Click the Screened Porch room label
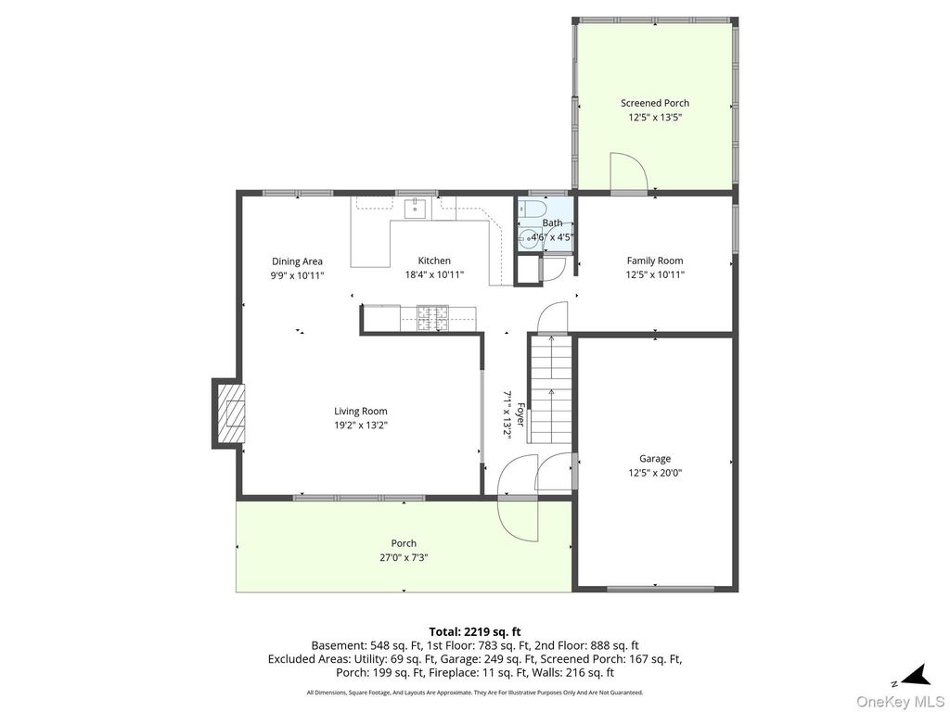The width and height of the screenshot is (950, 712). pyautogui.click(x=655, y=103)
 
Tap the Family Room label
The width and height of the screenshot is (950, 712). pyautogui.click(x=655, y=261)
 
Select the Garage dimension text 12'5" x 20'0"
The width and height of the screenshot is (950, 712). pyautogui.click(x=655, y=473)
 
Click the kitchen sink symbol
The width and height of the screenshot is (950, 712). pyautogui.click(x=417, y=209)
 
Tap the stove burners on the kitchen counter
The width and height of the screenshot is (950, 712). pyautogui.click(x=432, y=319)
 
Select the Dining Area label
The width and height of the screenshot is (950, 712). pyautogui.click(x=297, y=261)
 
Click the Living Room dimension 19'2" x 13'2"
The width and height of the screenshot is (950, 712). pyautogui.click(x=361, y=425)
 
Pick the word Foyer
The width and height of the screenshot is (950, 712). pyautogui.click(x=520, y=415)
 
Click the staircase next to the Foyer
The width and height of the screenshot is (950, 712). pyautogui.click(x=551, y=388)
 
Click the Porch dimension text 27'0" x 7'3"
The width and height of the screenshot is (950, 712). pyautogui.click(x=404, y=557)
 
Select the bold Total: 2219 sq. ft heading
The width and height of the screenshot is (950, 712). pyautogui.click(x=475, y=632)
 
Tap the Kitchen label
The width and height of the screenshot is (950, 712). pyautogui.click(x=434, y=261)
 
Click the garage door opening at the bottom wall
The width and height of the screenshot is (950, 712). pyautogui.click(x=661, y=589)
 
